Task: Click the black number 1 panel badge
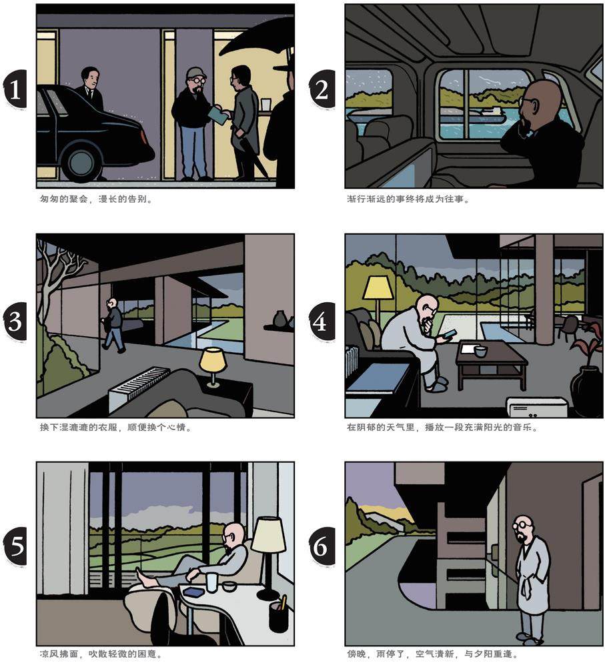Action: click(15, 89)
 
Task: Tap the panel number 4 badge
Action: click(322, 321)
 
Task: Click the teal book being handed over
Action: click(219, 115)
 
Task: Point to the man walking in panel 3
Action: click(113, 325)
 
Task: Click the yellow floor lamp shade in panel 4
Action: click(378, 287)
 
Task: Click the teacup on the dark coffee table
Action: click(480, 352)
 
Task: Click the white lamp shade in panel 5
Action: click(268, 535)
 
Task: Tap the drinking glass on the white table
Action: click(212, 582)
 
